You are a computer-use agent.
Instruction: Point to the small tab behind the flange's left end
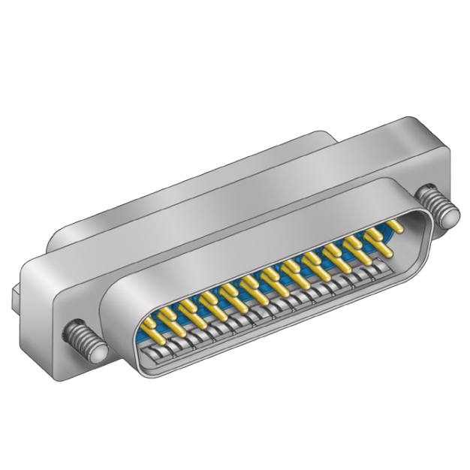[17, 297]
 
